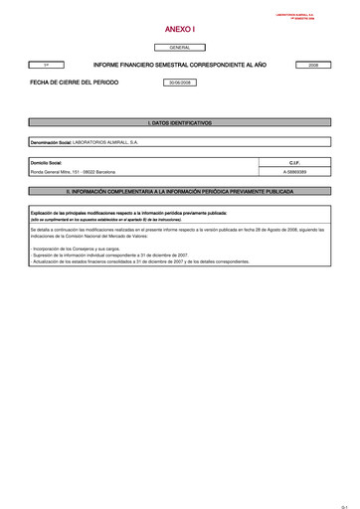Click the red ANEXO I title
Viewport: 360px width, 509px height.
coord(180,30)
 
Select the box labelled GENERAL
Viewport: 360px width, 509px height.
coord(180,47)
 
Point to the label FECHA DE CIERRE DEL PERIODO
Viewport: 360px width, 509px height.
coord(74,83)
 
